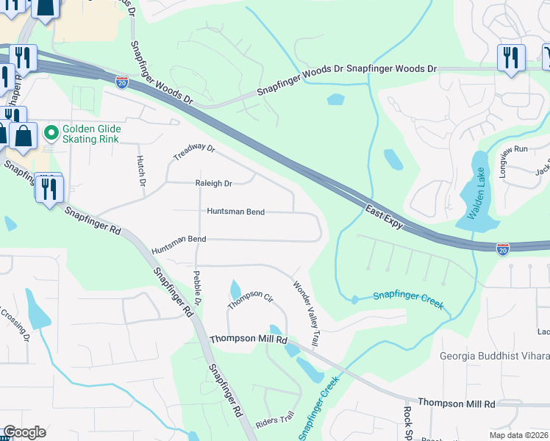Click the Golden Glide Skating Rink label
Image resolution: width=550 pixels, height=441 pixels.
91,134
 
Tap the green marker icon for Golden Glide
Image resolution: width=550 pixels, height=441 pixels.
51,134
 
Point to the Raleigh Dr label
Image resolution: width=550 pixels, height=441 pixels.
213,183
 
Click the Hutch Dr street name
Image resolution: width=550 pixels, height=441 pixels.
140,170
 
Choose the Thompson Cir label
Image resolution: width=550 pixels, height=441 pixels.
250,299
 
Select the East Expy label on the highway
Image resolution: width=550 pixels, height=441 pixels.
385,217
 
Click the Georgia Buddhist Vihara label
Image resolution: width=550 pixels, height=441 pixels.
494,356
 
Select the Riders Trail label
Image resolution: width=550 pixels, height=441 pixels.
274,420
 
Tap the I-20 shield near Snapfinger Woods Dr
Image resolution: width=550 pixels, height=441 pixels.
122,82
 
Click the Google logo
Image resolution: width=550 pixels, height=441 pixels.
24,432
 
